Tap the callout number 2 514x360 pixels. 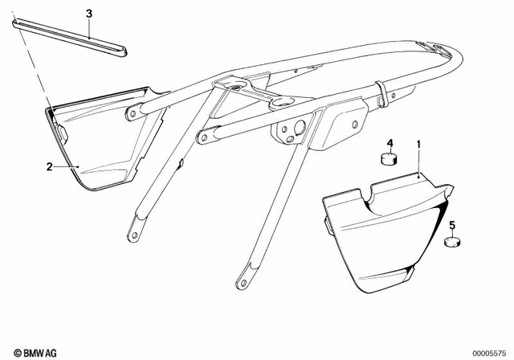tap(50, 166)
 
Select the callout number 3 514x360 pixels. tap(89, 14)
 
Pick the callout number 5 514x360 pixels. tap(452, 227)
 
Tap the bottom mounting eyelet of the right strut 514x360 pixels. tap(240, 282)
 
